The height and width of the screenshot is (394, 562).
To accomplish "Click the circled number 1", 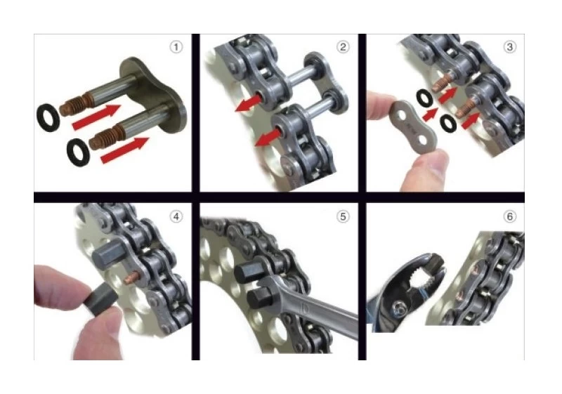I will coord(176,48).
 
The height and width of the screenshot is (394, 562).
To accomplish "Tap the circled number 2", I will coord(342,48).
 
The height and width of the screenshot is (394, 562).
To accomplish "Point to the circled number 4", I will coord(176,216).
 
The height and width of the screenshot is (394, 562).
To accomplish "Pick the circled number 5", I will coord(342,216).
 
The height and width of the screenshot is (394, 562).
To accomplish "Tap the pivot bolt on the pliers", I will coord(398,306).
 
